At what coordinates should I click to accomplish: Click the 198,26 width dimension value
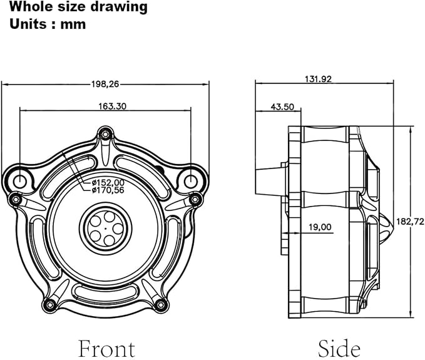(105, 85)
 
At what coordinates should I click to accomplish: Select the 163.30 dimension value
(112, 106)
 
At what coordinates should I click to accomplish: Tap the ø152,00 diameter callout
(108, 182)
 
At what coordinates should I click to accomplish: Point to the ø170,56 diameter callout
(108, 190)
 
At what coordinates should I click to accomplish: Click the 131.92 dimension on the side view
(318, 79)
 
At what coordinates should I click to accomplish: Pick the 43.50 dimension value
(282, 107)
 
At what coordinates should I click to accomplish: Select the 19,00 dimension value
(320, 227)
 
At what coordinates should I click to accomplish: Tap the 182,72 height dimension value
(410, 222)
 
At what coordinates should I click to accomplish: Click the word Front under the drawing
(106, 348)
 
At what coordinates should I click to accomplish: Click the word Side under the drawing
(339, 348)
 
